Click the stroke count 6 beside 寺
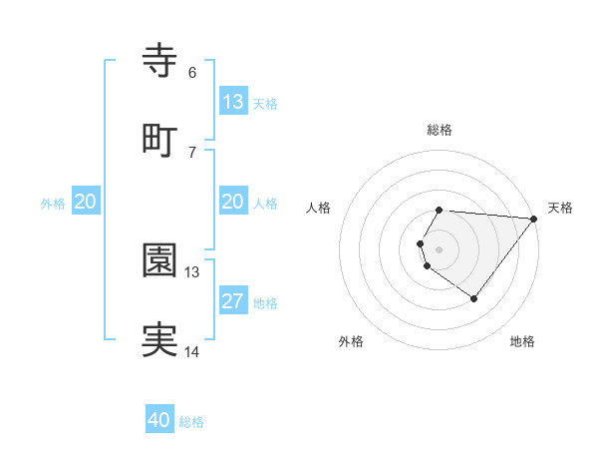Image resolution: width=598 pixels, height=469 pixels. tap(192, 72)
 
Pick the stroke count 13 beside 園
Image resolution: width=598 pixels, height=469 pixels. tap(192, 271)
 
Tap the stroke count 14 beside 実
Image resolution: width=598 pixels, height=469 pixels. tap(192, 351)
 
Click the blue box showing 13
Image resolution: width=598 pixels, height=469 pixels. tap(232, 102)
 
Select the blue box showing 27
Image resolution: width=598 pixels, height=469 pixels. tap(232, 301)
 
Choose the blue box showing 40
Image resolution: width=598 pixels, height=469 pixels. tap(159, 420)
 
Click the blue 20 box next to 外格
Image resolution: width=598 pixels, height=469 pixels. tap(86, 202)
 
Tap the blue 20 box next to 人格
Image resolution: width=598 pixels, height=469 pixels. tap(232, 202)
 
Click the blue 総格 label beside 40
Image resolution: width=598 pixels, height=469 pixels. tap(192, 422)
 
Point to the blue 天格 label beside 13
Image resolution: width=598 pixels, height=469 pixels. tap(265, 104)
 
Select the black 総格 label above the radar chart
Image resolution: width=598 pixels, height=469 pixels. tap(440, 130)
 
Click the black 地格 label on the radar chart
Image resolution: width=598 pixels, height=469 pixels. tap(522, 342)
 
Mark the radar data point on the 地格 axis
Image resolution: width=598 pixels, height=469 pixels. tap(473, 298)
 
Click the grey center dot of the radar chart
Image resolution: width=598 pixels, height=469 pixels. tap(440, 248)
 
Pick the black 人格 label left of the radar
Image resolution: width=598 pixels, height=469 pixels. tap(319, 208)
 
